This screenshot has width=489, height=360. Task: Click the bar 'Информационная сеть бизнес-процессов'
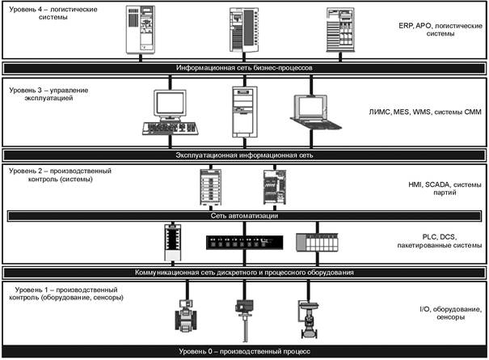point(243,68)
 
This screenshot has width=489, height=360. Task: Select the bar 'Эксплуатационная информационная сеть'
point(243,154)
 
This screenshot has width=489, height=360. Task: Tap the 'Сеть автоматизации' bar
point(243,216)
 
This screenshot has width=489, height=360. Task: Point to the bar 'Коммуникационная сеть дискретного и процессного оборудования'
point(243,273)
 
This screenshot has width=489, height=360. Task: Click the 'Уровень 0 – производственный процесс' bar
point(243,351)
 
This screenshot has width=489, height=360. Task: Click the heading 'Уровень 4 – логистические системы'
point(44,15)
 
